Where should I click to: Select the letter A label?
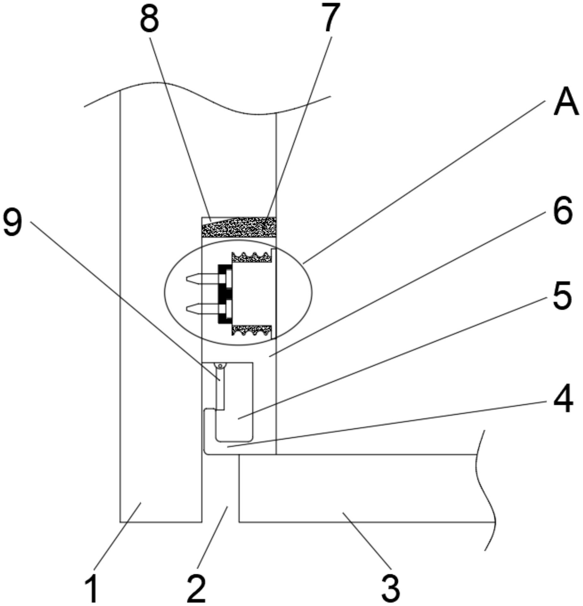(566, 104)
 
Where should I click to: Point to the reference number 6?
(563, 211)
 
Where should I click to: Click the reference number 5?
(562, 295)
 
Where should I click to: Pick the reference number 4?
(563, 399)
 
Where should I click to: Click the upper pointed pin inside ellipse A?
(202, 278)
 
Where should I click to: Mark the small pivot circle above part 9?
(220, 366)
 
